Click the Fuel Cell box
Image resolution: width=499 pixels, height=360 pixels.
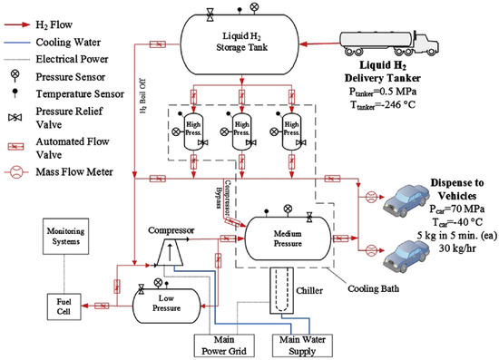64,303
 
